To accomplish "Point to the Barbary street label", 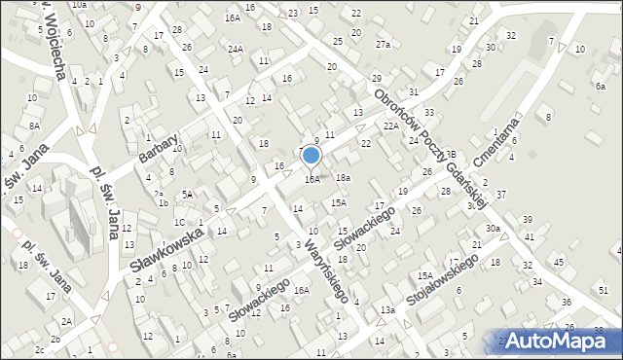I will (159, 149).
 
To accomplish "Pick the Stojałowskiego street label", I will (443, 283).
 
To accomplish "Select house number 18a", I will (343, 178).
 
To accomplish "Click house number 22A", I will (391, 126).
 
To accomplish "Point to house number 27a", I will (384, 45).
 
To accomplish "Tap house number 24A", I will (236, 49).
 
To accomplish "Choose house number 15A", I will (338, 202).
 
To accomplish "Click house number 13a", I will (387, 310).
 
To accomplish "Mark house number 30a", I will (494, 229).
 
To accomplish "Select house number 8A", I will (34, 126).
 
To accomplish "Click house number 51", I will (604, 290).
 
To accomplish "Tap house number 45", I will (559, 262).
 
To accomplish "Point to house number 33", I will (429, 113).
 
